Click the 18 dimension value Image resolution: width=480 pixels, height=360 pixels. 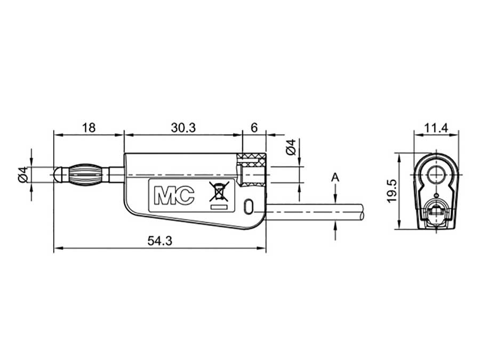89,127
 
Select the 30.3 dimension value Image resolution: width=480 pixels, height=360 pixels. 183,127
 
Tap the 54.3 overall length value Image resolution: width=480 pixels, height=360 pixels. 160,241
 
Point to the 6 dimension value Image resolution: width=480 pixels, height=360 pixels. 254,127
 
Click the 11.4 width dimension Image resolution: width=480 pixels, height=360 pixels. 436,127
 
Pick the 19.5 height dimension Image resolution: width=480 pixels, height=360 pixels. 392,191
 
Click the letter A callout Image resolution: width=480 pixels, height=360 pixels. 335,177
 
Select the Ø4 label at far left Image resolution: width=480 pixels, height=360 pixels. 23,174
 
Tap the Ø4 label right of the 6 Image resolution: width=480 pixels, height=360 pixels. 291,147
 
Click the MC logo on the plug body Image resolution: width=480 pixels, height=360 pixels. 174,195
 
